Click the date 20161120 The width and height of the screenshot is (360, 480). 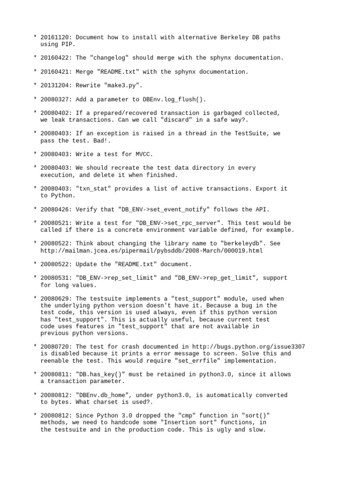(x=56, y=37)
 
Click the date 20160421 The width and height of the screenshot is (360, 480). (x=56, y=72)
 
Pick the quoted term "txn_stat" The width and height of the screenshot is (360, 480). (x=92, y=188)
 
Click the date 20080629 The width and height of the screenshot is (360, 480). (x=56, y=299)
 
